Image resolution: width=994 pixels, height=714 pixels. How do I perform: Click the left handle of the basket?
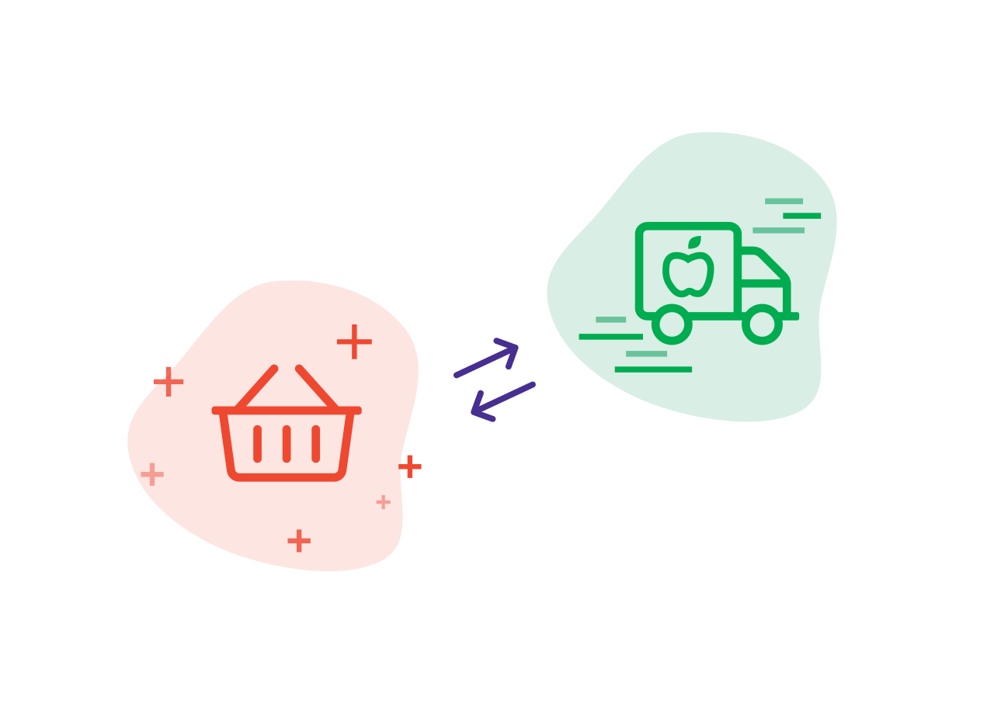point(256,386)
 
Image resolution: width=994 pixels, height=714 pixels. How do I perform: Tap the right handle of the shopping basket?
point(318,386)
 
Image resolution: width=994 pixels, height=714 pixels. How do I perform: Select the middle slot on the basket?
point(287,444)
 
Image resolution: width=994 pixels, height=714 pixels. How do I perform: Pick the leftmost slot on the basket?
point(257,444)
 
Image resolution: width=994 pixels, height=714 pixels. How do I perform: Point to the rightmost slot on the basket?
point(316,444)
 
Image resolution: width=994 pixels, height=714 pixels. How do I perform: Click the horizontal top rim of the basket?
point(287,411)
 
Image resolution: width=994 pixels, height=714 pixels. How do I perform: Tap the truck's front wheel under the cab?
point(762,324)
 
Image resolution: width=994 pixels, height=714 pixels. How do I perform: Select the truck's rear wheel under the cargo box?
point(672,324)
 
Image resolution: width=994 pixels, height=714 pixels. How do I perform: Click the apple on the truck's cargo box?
point(688,274)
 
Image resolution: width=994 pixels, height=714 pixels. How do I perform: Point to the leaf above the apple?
point(695,242)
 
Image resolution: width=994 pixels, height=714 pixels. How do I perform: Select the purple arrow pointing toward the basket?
point(502,402)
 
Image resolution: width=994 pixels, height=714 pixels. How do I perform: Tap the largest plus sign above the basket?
point(354,341)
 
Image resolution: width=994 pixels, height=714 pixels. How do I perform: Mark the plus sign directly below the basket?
point(299,541)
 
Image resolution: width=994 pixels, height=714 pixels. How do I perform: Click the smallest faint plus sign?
point(383,502)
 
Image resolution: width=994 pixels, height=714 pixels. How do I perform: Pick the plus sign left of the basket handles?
point(169,381)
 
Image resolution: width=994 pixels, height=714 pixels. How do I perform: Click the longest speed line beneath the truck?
point(653,369)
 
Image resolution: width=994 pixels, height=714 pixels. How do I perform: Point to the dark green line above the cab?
point(801,216)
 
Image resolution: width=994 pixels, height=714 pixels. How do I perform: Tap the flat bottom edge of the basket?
point(287,477)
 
